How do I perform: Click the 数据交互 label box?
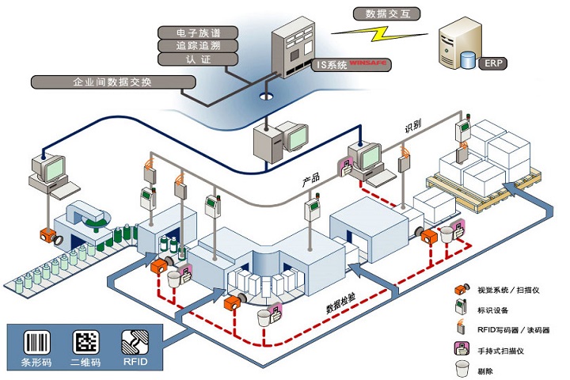(387, 13)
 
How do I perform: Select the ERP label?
(493, 63)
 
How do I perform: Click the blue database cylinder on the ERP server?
(468, 60)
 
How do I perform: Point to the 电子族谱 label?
(198, 32)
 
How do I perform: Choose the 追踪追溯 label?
(198, 46)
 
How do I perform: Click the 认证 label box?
(198, 59)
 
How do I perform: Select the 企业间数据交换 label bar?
(113, 82)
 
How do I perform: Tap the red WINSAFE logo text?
(368, 63)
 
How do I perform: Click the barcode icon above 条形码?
(36, 342)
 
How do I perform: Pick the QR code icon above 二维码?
(85, 342)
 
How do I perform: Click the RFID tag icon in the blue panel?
(135, 342)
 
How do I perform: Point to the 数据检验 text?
(340, 303)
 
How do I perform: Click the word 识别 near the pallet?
(413, 126)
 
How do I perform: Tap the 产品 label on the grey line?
(311, 179)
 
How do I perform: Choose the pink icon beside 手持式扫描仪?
(462, 348)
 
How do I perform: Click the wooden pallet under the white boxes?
(484, 192)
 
